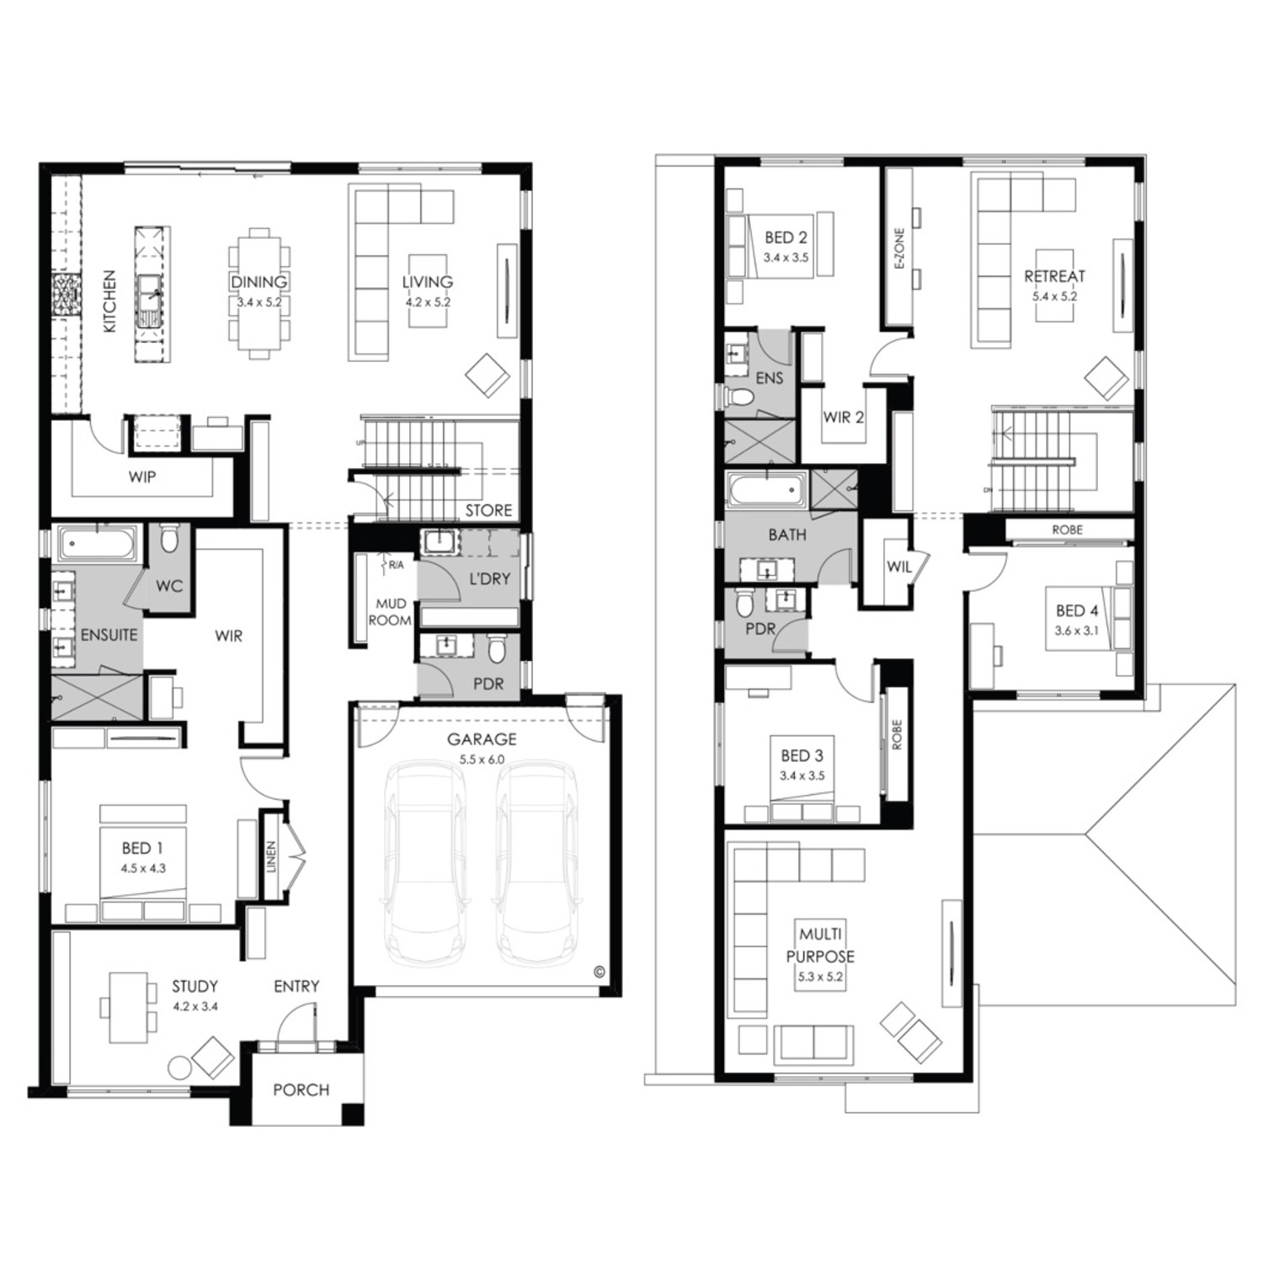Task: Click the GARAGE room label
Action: pyautogui.click(x=482, y=739)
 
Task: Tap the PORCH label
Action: pyautogui.click(x=301, y=1090)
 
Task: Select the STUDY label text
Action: pyautogui.click(x=195, y=986)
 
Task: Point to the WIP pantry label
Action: pyautogui.click(x=142, y=477)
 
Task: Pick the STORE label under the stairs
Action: pyautogui.click(x=488, y=510)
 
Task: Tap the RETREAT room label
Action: pyautogui.click(x=1055, y=275)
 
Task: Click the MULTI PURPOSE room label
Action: pyautogui.click(x=820, y=945)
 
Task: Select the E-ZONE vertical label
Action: pyautogui.click(x=899, y=248)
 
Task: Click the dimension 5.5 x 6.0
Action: pyautogui.click(x=482, y=759)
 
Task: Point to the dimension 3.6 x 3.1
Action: pyautogui.click(x=1078, y=631)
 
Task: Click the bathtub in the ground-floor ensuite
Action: pyautogui.click(x=99, y=545)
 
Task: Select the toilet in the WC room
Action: pyautogui.click(x=169, y=538)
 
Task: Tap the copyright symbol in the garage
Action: pyautogui.click(x=599, y=971)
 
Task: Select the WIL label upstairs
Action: pyautogui.click(x=899, y=567)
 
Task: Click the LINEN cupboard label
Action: pyautogui.click(x=271, y=856)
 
